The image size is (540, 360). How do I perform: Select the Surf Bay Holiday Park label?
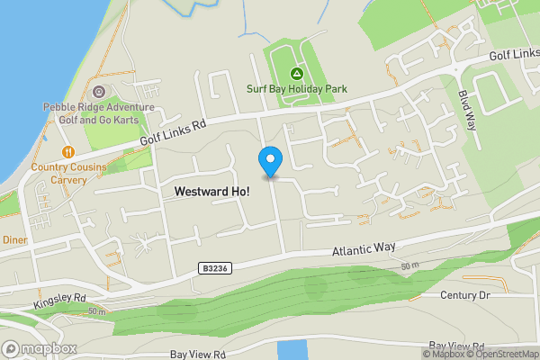tap(296, 89)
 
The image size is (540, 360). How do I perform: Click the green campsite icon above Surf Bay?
tap(296, 73)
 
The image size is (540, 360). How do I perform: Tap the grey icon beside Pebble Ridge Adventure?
tap(98, 92)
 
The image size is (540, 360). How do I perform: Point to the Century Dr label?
tap(463, 294)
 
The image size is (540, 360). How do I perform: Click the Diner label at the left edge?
tap(13, 240)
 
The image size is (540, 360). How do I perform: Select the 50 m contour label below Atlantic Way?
tap(410, 266)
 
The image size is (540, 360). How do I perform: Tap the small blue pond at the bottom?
tap(292, 350)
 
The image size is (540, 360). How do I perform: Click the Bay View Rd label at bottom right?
tap(457, 346)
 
